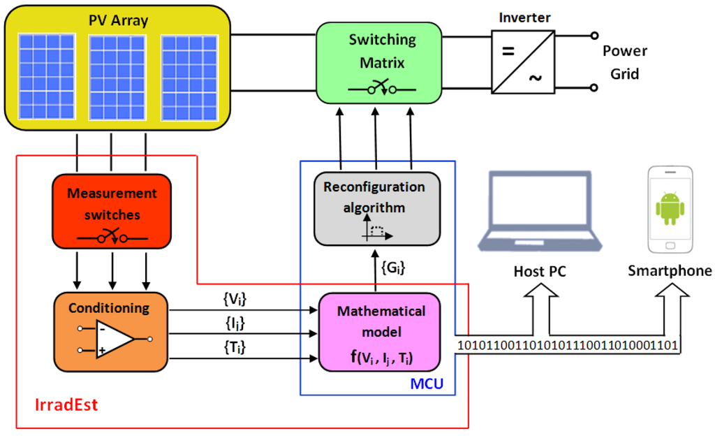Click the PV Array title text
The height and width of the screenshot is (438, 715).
pyautogui.click(x=118, y=20)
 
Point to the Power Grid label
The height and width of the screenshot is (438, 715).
pyautogui.click(x=624, y=62)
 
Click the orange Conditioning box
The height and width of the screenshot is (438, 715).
pyautogui.click(x=111, y=331)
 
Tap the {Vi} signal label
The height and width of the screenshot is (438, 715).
pyautogui.click(x=235, y=299)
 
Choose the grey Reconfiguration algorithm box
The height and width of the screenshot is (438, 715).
pyautogui.click(x=377, y=208)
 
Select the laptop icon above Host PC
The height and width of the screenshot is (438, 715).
pyautogui.click(x=539, y=212)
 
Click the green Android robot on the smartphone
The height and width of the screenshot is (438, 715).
pyautogui.click(x=670, y=208)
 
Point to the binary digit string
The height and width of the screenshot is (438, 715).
pyautogui.click(x=568, y=344)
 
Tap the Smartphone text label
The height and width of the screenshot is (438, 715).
pyautogui.click(x=670, y=271)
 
